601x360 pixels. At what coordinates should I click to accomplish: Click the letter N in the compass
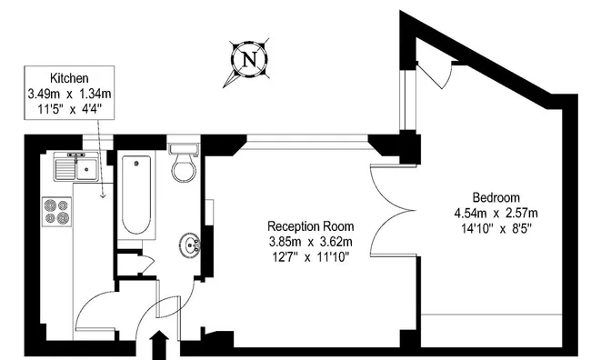click(x=249, y=59)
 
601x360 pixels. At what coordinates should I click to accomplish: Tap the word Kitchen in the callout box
click(x=69, y=78)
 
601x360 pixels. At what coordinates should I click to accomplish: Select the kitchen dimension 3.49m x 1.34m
click(x=69, y=93)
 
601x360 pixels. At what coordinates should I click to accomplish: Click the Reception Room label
click(x=310, y=226)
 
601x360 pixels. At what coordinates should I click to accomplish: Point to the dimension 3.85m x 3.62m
click(x=310, y=242)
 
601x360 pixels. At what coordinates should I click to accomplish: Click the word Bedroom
click(x=496, y=197)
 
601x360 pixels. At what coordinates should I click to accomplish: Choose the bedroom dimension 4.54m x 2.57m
click(x=496, y=213)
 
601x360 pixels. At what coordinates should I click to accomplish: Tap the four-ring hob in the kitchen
click(x=56, y=212)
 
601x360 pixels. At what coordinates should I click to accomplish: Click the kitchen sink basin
click(x=87, y=170)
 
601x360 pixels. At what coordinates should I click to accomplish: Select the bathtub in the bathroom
click(x=136, y=195)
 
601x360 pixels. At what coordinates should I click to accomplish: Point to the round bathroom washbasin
click(x=189, y=245)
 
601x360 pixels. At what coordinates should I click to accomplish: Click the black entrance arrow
click(x=159, y=345)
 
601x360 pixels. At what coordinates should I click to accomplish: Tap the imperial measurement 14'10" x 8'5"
click(x=496, y=229)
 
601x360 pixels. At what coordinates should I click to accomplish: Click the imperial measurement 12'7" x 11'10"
click(x=310, y=257)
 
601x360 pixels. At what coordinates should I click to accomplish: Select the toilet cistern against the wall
click(x=184, y=149)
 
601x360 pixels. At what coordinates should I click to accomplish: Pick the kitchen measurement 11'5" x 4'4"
click(x=69, y=109)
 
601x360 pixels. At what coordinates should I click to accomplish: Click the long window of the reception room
click(x=307, y=141)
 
